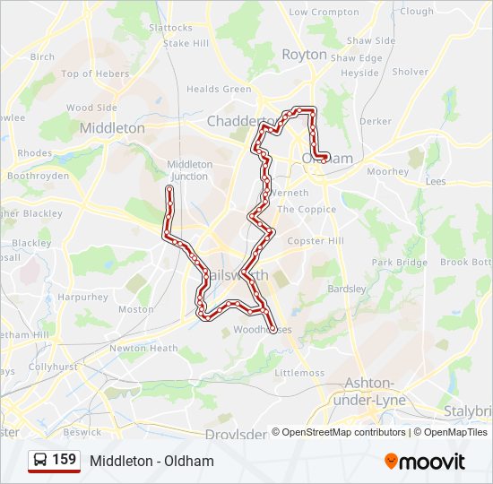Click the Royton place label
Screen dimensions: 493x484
point(304,54)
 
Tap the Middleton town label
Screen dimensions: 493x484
point(112,128)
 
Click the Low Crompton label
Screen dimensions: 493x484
point(323,12)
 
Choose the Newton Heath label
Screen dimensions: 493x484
point(143,348)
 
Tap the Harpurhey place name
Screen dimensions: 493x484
point(82,296)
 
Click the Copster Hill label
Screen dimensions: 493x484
point(315,241)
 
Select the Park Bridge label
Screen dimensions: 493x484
point(399,263)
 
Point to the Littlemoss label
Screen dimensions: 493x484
point(298,372)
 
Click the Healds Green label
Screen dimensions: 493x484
point(219,90)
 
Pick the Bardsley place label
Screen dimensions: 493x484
point(347,289)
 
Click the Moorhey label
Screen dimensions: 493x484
point(387,171)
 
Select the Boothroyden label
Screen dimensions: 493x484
point(38,176)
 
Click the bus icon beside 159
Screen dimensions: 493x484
point(40,461)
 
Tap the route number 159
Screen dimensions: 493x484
point(65,460)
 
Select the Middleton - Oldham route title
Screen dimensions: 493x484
point(151,461)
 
